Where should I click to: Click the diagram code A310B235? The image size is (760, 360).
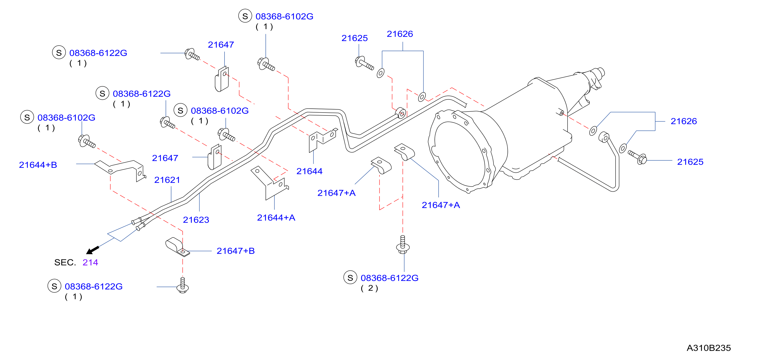[x=709, y=348]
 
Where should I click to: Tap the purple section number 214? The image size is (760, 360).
[x=90, y=262]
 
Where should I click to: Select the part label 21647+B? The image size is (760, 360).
[x=235, y=251]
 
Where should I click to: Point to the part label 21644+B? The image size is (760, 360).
[x=38, y=165]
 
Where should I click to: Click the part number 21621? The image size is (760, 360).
[x=167, y=180]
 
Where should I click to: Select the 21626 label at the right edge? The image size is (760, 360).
[x=684, y=121]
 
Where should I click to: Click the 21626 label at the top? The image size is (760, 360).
[x=400, y=34]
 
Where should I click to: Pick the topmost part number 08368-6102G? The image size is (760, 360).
[x=284, y=16]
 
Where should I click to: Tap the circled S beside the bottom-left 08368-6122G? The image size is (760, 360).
[x=54, y=286]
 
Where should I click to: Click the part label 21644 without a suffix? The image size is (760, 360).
[x=309, y=171]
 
